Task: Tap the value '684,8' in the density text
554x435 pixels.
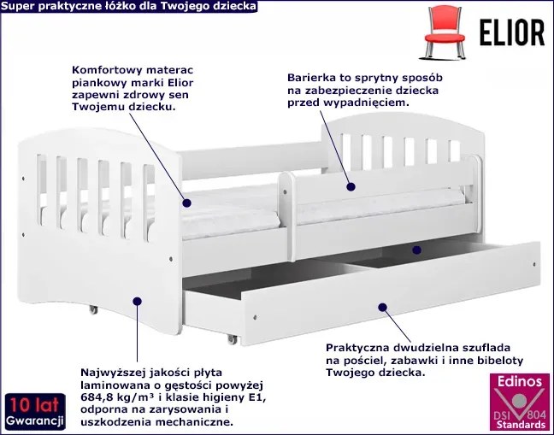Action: pyautogui.click(x=98, y=397)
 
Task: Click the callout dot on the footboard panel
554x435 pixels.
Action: pyautogui.click(x=137, y=299)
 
